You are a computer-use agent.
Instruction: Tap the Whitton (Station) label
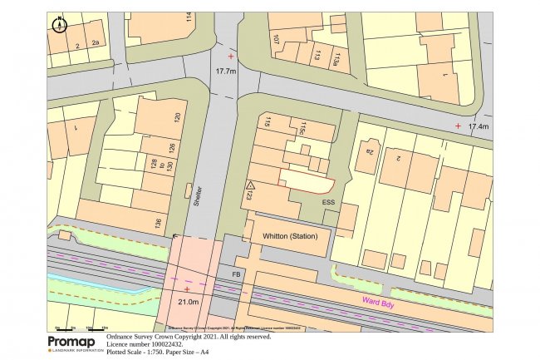[290, 237]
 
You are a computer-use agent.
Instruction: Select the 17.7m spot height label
[227, 72]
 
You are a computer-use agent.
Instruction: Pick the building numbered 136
[157, 223]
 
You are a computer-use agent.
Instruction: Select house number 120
[176, 118]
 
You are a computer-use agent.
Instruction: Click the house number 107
[276, 40]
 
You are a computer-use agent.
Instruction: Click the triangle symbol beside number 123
[248, 185]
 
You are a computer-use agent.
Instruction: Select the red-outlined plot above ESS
[307, 180]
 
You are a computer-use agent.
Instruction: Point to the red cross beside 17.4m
[458, 126]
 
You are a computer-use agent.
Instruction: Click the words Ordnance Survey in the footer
[132, 338]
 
